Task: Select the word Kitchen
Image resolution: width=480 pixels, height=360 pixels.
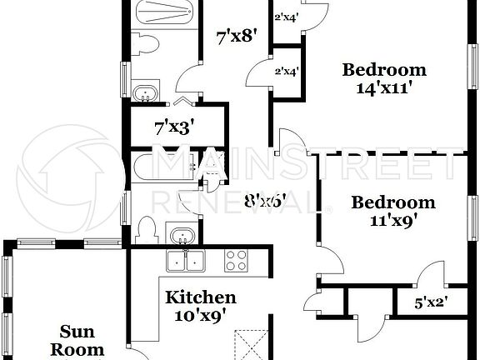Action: pos(200,297)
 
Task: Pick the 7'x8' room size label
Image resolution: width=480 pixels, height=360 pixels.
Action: pos(236,36)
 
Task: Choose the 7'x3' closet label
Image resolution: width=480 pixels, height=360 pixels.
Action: pos(174,128)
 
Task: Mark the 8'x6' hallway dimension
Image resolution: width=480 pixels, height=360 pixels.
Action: pos(265,200)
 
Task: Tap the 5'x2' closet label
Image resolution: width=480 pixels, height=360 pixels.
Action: pos(432,304)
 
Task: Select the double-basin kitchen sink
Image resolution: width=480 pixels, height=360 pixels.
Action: pos(186,261)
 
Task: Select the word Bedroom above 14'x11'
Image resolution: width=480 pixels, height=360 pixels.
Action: pos(384,69)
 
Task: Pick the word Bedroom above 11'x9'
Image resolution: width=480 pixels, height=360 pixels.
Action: pos(392,202)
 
